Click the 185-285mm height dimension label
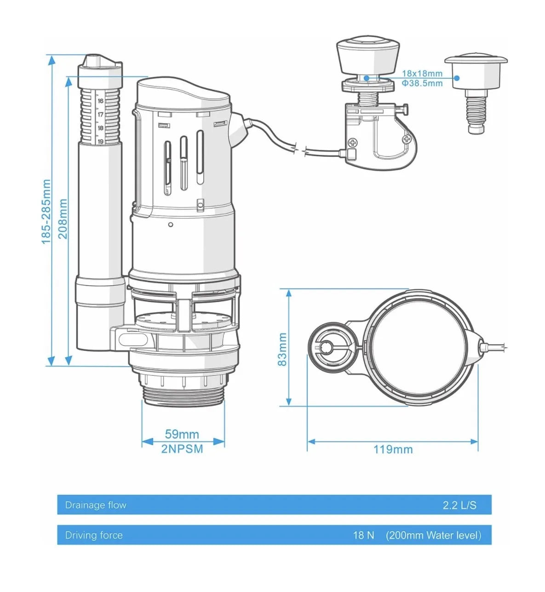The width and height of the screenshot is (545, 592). tap(46, 212)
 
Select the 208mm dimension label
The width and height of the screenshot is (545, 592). tap(63, 218)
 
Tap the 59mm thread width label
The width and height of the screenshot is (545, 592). tap(182, 434)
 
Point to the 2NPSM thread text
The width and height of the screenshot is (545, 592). tap(182, 449)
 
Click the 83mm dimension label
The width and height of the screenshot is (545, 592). tap(282, 350)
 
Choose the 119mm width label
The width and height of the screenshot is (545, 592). tap(393, 449)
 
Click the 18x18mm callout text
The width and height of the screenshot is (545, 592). tap(422, 73)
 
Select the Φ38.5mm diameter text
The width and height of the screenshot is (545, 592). tap(422, 83)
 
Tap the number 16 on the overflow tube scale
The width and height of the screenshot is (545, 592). tap(101, 101)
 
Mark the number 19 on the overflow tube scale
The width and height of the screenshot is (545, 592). tap(101, 142)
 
